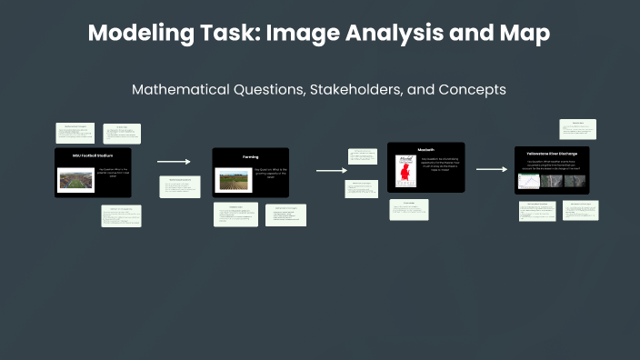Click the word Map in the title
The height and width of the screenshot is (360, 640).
click(527, 35)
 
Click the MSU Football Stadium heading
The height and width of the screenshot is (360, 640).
click(91, 156)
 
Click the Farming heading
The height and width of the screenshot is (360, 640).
click(250, 156)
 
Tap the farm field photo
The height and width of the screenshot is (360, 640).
click(234, 178)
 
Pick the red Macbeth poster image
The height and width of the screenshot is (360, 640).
click(402, 171)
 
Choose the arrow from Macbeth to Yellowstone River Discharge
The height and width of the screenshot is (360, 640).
click(491, 169)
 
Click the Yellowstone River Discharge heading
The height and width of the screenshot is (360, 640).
click(557, 154)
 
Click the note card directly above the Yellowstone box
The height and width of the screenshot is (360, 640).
click(577, 129)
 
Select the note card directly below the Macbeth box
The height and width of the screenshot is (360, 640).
click(409, 209)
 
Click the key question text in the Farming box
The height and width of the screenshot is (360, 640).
click(270, 175)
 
